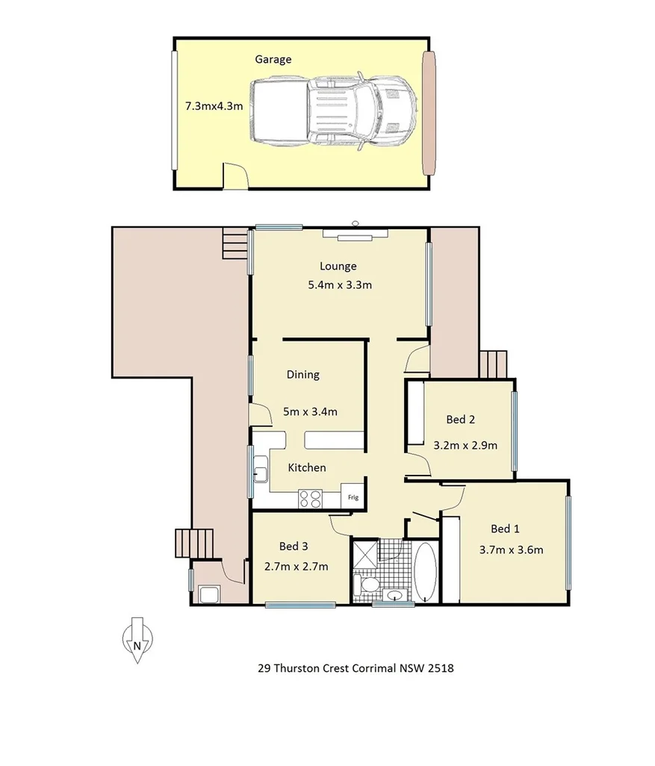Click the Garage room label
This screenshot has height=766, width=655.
coord(273,59)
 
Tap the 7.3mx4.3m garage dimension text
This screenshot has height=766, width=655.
coord(214,106)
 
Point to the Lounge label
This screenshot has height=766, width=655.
coord(338,266)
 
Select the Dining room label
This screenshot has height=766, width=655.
coord(303,375)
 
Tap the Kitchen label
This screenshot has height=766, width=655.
coord(307,467)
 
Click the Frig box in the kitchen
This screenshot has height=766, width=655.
coord(352,496)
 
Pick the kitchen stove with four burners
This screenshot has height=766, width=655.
coord(311,498)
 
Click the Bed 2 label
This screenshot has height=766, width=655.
coord(461,420)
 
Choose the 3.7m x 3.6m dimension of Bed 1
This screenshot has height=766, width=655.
coord(511,550)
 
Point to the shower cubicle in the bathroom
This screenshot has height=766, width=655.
coord(365,553)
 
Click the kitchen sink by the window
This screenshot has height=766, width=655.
coord(260,472)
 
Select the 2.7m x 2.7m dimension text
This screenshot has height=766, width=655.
coord(297,566)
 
